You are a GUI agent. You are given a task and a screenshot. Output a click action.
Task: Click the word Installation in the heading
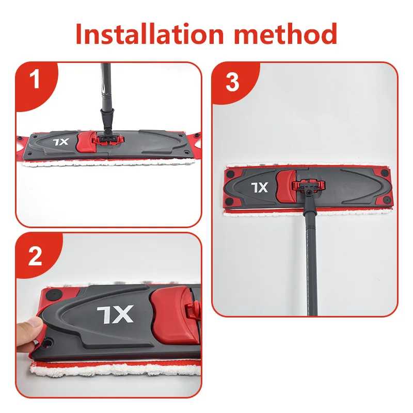[150, 34]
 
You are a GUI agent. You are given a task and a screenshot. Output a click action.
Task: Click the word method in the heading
[285, 34]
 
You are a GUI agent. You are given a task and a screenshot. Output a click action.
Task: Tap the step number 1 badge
[35, 80]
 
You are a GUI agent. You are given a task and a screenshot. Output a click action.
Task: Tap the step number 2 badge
[35, 256]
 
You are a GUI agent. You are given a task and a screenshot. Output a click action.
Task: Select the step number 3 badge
[232, 82]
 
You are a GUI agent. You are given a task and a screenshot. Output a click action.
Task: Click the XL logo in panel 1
[61, 142]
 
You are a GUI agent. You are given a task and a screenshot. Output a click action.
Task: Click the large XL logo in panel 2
[115, 314]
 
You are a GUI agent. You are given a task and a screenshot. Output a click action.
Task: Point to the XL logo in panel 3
[260, 187]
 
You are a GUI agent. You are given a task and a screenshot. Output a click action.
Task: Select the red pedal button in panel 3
[286, 186]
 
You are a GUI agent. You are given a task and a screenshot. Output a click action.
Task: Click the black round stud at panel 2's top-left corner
[53, 294]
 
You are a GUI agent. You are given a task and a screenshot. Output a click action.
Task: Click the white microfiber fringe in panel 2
[115, 370]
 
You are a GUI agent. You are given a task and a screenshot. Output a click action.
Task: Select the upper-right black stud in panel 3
[384, 173]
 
